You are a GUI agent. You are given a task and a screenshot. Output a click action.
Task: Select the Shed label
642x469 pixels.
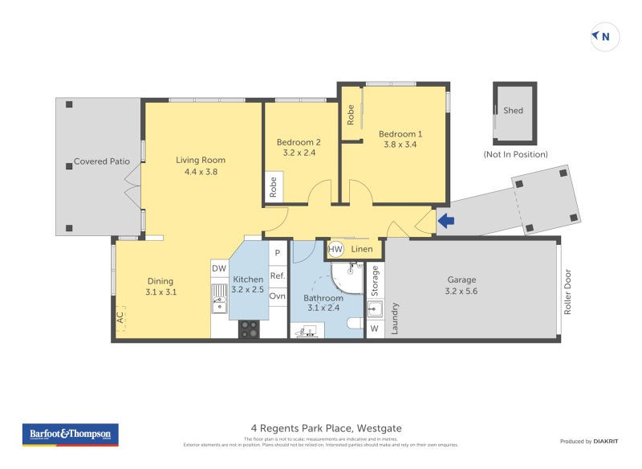tap(513, 111)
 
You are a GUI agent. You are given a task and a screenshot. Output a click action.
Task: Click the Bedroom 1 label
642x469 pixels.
tap(400, 134)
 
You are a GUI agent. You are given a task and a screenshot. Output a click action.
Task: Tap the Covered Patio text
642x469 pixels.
tap(101, 161)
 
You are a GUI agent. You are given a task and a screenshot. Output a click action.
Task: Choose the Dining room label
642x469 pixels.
tap(160, 281)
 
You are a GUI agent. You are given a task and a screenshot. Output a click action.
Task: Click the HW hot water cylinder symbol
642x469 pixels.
tap(336, 249)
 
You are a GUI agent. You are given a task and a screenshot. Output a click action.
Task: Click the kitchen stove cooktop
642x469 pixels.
tap(249, 328)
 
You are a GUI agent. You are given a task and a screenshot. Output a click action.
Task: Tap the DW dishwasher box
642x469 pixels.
tap(219, 268)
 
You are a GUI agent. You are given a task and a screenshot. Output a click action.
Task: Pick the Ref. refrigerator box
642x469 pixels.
tap(278, 275)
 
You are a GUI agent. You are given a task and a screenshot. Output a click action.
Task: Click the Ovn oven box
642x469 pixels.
tap(278, 296)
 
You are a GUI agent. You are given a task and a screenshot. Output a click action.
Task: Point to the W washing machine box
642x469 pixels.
tap(374, 328)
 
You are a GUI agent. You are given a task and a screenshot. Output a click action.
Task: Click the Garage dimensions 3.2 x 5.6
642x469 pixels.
tap(461, 292)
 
